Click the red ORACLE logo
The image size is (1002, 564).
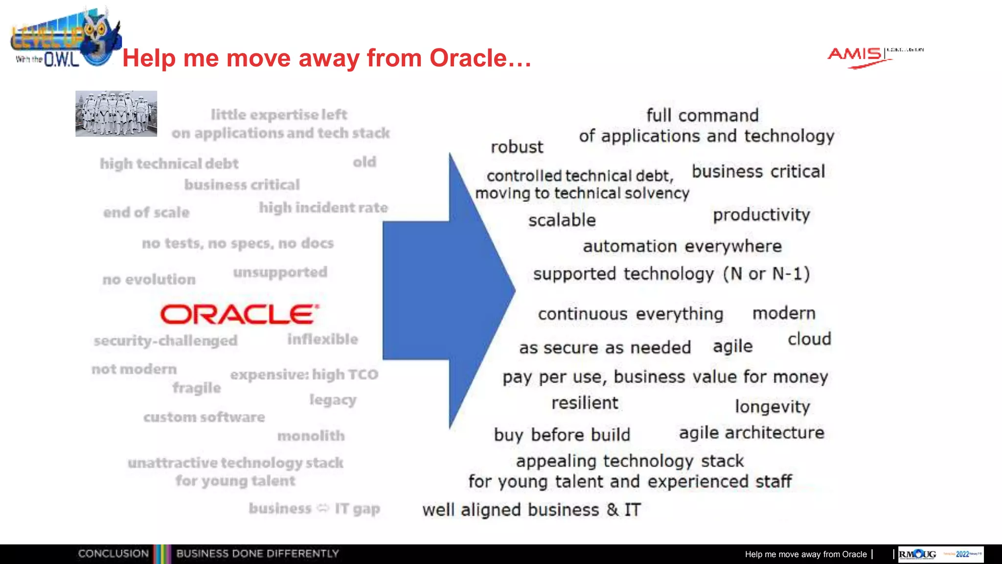240,314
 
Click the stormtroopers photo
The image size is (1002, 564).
116,113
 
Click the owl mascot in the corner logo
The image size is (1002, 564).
100,37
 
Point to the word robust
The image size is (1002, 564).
517,147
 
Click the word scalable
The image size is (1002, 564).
562,220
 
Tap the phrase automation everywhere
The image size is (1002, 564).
682,246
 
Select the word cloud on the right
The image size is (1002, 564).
809,339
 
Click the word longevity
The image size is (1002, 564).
772,406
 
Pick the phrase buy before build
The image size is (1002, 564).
562,435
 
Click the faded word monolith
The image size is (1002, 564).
311,436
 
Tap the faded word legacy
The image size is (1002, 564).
333,400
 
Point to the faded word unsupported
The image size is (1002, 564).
280,272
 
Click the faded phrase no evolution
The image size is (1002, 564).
149,280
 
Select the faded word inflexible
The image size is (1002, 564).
322,339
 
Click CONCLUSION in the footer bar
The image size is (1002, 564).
113,554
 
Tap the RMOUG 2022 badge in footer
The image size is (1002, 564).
940,554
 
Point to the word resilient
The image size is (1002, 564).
585,403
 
